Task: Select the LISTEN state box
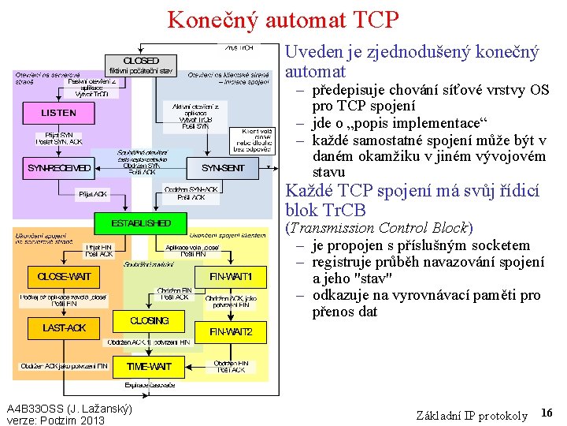click(x=58, y=113)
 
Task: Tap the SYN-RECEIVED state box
click(x=59, y=168)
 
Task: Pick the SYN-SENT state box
click(x=223, y=168)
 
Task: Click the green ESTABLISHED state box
click(x=141, y=223)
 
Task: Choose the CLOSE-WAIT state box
click(x=64, y=277)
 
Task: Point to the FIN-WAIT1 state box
click(x=230, y=277)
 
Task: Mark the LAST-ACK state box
click(x=64, y=327)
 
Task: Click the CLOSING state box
click(x=149, y=321)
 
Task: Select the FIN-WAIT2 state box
click(x=230, y=332)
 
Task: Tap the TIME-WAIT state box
click(x=149, y=367)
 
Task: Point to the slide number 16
click(x=547, y=413)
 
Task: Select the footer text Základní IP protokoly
click(x=471, y=416)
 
